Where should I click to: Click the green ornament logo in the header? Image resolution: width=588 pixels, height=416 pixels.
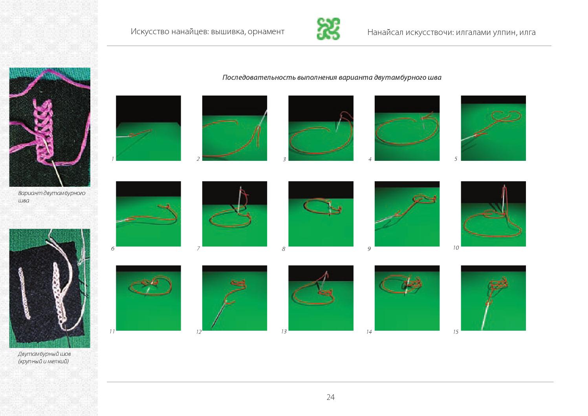328,29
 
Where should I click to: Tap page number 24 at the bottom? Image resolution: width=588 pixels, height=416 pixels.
330,397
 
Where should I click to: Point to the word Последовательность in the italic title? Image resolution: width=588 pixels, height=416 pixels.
259,77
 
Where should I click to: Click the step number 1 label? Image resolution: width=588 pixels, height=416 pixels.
113,159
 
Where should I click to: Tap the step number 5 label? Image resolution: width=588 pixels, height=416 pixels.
456,159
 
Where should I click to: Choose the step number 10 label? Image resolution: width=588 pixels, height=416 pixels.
456,248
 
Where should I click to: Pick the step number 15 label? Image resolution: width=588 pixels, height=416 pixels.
456,332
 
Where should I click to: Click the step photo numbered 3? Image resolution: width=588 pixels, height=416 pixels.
321,128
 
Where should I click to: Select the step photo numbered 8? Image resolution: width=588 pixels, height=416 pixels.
321,214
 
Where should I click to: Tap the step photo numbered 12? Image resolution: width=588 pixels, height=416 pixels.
234,298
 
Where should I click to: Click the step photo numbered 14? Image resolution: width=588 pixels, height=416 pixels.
407,298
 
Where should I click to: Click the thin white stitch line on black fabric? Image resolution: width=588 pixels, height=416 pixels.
24,293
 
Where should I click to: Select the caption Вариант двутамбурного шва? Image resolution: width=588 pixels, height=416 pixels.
51,197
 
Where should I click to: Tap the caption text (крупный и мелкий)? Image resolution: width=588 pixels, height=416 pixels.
43,361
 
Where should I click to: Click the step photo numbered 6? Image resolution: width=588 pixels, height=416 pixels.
148,214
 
